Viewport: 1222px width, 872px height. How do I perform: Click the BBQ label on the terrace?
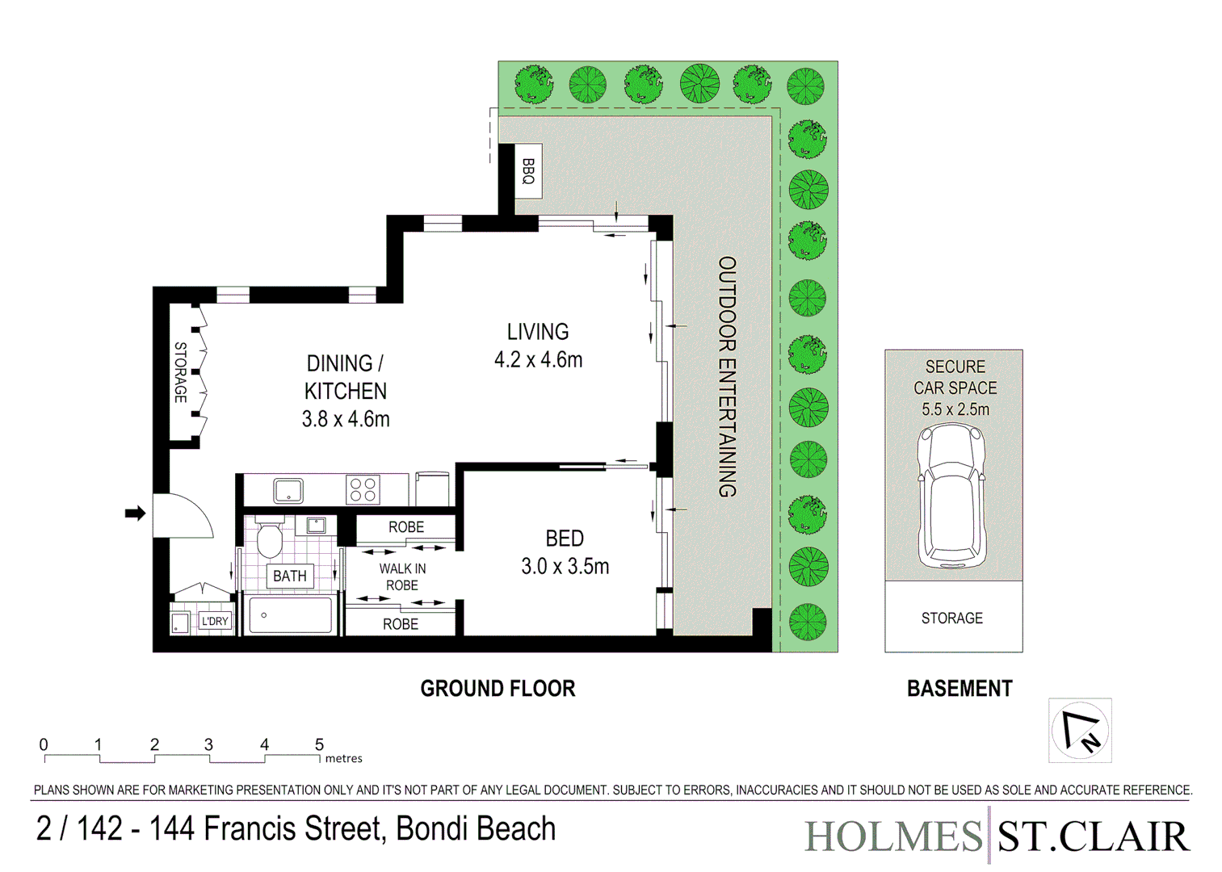tap(528, 171)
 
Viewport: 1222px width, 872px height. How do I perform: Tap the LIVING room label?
tap(538, 332)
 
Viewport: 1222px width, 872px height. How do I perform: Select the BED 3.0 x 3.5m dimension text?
tap(565, 567)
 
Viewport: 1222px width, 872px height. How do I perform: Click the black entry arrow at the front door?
tap(135, 513)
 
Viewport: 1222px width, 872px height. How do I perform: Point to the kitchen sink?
tap(288, 490)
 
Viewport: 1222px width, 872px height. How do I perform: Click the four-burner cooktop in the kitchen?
tap(363, 490)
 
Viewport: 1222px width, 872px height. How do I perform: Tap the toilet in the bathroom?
tap(268, 539)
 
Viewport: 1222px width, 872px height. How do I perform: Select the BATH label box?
tap(289, 576)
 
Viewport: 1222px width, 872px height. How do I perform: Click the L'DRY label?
tap(215, 621)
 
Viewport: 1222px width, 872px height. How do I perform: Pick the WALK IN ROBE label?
tap(402, 576)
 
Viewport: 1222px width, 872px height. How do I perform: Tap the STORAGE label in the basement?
tap(952, 618)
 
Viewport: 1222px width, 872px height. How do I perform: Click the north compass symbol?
tap(1080, 730)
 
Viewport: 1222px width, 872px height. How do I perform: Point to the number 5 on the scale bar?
tap(319, 744)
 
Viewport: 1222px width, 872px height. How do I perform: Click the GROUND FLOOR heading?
tap(498, 689)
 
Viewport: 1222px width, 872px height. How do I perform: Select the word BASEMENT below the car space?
tap(960, 689)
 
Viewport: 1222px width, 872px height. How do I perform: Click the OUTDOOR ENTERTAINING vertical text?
tap(728, 376)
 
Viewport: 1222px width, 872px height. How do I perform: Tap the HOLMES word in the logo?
tap(893, 836)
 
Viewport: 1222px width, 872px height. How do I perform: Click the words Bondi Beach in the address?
tap(476, 828)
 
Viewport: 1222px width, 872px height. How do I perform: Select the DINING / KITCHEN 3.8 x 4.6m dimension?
tap(346, 419)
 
